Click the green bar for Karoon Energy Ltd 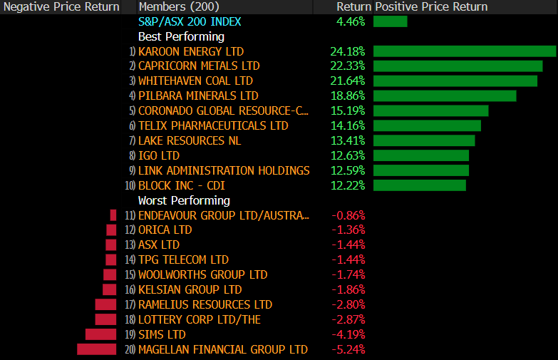click(x=464, y=51)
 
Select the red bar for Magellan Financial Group click(x=96, y=349)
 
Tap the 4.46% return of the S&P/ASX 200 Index click(x=351, y=21)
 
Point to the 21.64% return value click(x=348, y=81)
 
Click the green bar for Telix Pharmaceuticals click(x=427, y=126)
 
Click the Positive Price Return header click(x=431, y=6)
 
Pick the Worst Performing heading click(x=184, y=200)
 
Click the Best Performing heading click(x=181, y=36)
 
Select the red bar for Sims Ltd click(x=100, y=334)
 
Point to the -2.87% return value click(x=348, y=319)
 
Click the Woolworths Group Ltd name click(x=202, y=274)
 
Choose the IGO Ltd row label click(x=158, y=156)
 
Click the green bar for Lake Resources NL click(x=423, y=141)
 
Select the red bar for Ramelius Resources click(x=105, y=304)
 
